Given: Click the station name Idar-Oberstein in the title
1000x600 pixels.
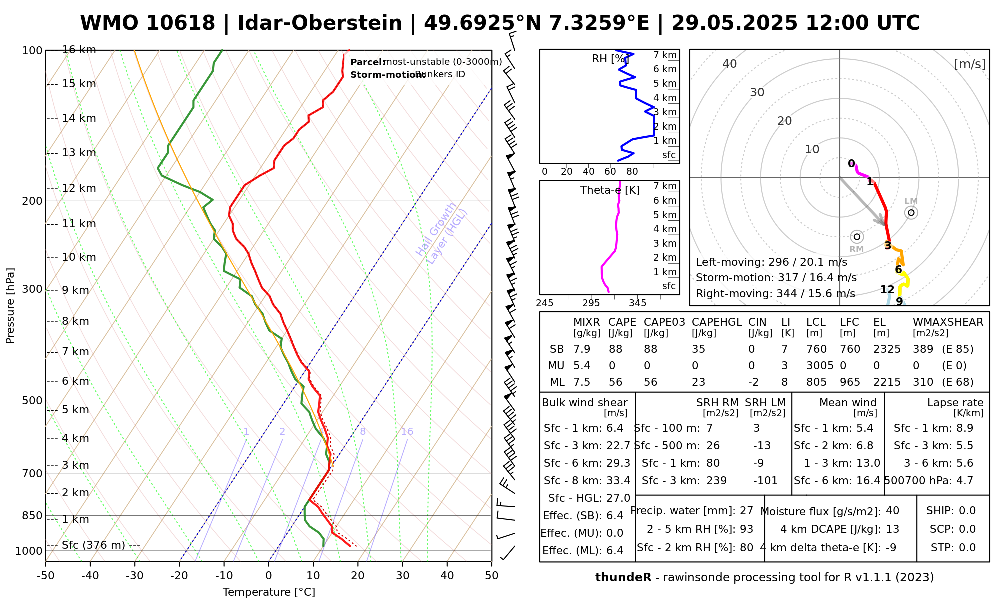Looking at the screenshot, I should click(x=320, y=23).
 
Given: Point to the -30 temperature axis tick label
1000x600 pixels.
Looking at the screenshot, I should click(x=134, y=576).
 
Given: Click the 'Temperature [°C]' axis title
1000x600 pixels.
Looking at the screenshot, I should click(x=269, y=592).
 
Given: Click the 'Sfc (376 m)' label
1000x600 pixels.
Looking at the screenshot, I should click(x=94, y=545).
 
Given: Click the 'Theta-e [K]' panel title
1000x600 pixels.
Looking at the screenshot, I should click(x=610, y=190).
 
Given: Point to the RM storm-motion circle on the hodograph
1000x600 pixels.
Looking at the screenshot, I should click(x=857, y=237).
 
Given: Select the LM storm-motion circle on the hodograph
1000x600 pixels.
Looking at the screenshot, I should click(x=911, y=213).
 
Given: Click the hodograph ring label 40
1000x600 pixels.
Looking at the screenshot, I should click(x=730, y=64).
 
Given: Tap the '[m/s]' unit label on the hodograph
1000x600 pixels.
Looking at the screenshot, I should click(x=970, y=64).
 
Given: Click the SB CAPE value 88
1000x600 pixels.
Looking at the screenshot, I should click(x=615, y=349).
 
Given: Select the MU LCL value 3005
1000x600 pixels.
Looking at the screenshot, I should click(x=820, y=366).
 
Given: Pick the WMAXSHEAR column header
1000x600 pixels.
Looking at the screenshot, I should click(x=948, y=322).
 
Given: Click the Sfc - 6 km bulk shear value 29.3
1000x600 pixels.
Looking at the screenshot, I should click(x=618, y=463).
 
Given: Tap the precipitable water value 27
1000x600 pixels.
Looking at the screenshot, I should click(x=746, y=511).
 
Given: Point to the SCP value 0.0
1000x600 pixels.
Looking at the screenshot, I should click(x=967, y=529).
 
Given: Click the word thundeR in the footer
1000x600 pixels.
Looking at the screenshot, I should click(x=623, y=578).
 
